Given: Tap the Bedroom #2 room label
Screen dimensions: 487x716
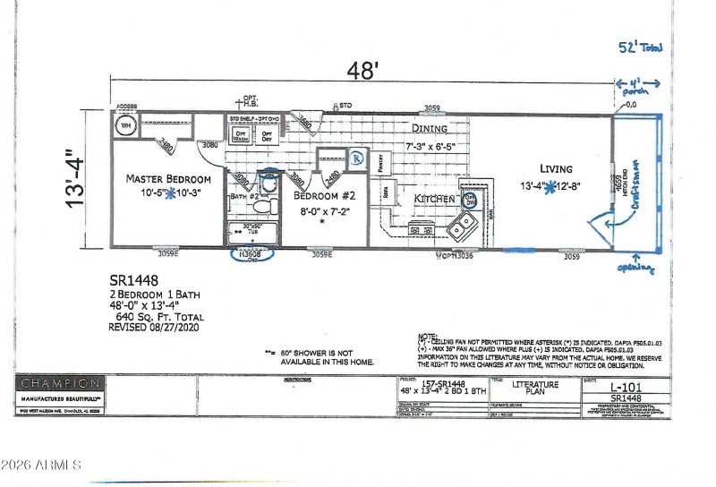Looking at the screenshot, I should click(326, 195).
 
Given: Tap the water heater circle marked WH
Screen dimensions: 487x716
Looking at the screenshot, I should click(125, 125).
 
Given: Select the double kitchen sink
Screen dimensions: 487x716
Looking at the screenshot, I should click(463, 228).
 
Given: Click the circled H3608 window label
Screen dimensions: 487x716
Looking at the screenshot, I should click(249, 254).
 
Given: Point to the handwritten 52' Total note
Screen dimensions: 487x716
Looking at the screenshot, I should click(641, 48).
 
